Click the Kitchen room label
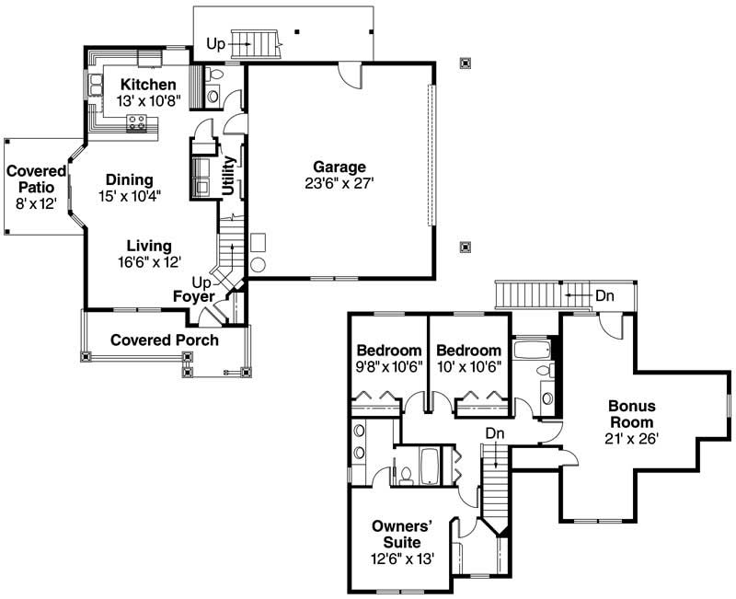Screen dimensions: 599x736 pos(146,85)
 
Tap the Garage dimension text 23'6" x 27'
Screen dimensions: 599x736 pos(339,183)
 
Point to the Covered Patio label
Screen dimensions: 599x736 pos(37,179)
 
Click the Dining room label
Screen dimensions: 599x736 pos(129,179)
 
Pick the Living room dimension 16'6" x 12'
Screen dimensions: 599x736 pos(149,261)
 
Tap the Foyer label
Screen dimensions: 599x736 pos(193,296)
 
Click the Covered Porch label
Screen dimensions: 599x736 pos(165,340)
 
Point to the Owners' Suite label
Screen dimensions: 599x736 pos(402,534)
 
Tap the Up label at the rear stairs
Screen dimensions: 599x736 pos(216,43)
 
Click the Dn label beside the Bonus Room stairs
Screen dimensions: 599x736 pos(604,295)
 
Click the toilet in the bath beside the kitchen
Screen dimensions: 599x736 pos(213,74)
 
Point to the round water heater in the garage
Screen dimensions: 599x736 pos(258,265)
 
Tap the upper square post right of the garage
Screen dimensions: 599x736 pos(466,63)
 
